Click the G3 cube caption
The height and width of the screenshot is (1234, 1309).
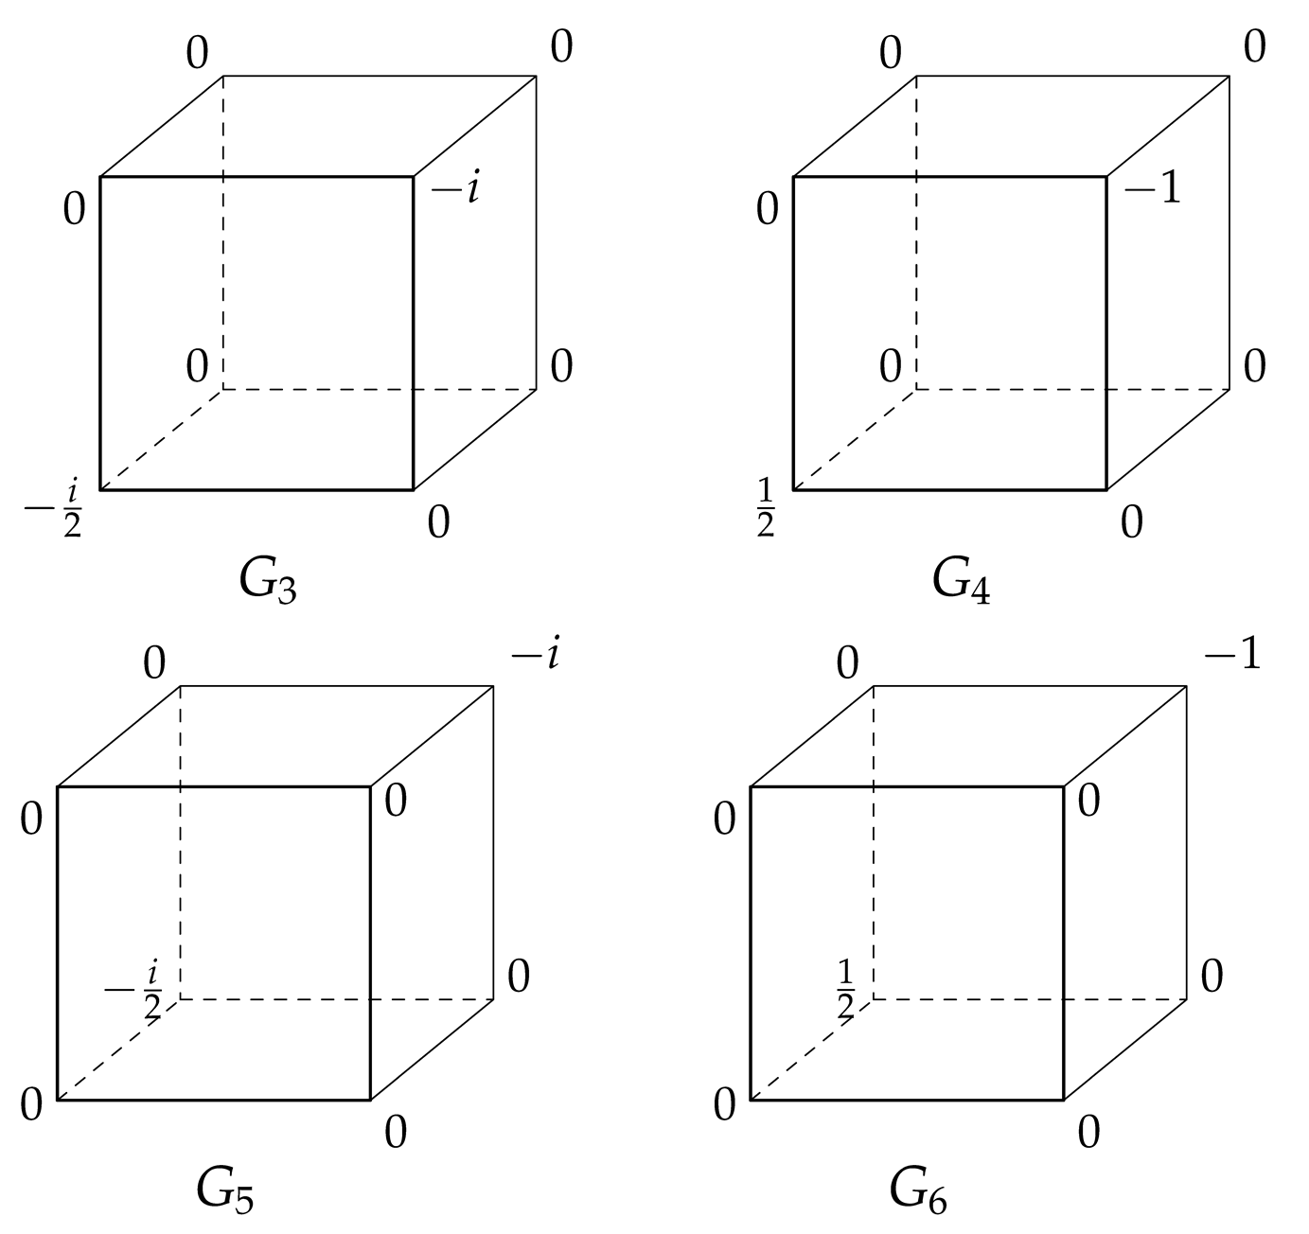pos(268,580)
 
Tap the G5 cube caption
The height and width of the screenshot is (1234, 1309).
pos(225,1190)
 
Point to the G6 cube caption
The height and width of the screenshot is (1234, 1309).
pos(918,1190)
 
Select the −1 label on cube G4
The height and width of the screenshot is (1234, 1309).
pos(1153,189)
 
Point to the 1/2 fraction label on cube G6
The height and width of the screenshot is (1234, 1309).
pos(846,989)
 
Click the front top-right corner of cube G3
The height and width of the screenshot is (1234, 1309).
pos(414,176)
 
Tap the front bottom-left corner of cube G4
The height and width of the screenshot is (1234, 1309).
pos(793,489)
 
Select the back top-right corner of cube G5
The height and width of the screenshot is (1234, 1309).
pos(493,686)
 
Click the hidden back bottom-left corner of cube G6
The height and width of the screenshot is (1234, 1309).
pos(873,998)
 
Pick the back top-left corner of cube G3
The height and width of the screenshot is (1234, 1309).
pos(223,76)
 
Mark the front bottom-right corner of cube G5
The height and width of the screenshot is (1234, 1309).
pos(370,1100)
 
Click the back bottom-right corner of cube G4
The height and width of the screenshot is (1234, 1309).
pos(1229,389)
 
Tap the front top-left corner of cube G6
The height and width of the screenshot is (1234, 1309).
pos(751,786)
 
